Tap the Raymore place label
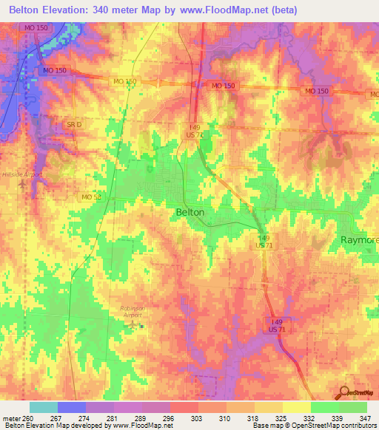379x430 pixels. (x=359, y=241)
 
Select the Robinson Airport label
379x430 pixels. (x=134, y=309)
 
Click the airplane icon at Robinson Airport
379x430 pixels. (x=133, y=324)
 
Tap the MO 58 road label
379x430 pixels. (x=91, y=197)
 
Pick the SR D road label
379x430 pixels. (x=73, y=125)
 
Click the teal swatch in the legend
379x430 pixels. (x=44, y=407)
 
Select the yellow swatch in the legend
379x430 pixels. (x=296, y=407)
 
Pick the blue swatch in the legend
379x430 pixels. (x=72, y=407)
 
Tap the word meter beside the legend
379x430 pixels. (x=10, y=417)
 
